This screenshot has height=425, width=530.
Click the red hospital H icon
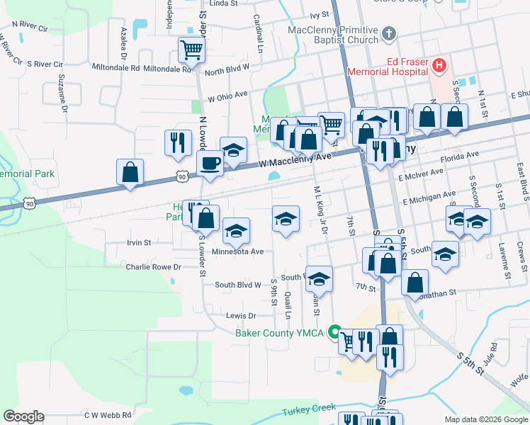point(439,66)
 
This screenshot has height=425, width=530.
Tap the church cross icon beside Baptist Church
point(388,33)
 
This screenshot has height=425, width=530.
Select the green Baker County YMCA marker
point(337,332)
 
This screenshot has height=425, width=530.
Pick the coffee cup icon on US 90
point(210,164)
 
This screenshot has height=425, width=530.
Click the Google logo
point(23,416)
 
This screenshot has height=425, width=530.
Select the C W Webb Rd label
point(108,415)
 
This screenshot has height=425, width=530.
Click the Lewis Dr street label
point(240,315)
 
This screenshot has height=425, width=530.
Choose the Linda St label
point(222,4)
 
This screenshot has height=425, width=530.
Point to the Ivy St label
point(320,14)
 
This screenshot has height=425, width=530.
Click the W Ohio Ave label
point(227,95)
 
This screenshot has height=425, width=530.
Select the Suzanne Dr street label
point(63,93)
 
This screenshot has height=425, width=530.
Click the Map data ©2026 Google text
point(485,419)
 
